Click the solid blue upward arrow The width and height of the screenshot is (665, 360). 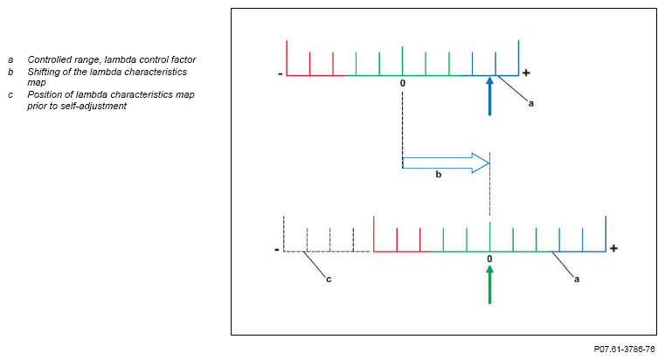490,96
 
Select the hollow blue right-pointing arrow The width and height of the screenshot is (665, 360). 446,163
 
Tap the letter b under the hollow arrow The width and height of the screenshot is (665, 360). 439,175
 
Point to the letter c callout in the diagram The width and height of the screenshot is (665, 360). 329,280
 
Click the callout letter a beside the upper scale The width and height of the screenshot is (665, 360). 531,103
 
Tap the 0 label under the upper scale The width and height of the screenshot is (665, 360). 403,83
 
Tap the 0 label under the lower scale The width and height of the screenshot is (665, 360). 489,260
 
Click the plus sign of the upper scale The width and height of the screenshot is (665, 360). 526,73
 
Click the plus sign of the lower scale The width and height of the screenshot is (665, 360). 613,249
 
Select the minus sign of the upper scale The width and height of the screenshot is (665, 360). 280,74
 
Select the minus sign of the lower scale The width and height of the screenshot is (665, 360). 277,250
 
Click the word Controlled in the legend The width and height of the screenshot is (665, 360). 49,59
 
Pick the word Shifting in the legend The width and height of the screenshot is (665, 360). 44,72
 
